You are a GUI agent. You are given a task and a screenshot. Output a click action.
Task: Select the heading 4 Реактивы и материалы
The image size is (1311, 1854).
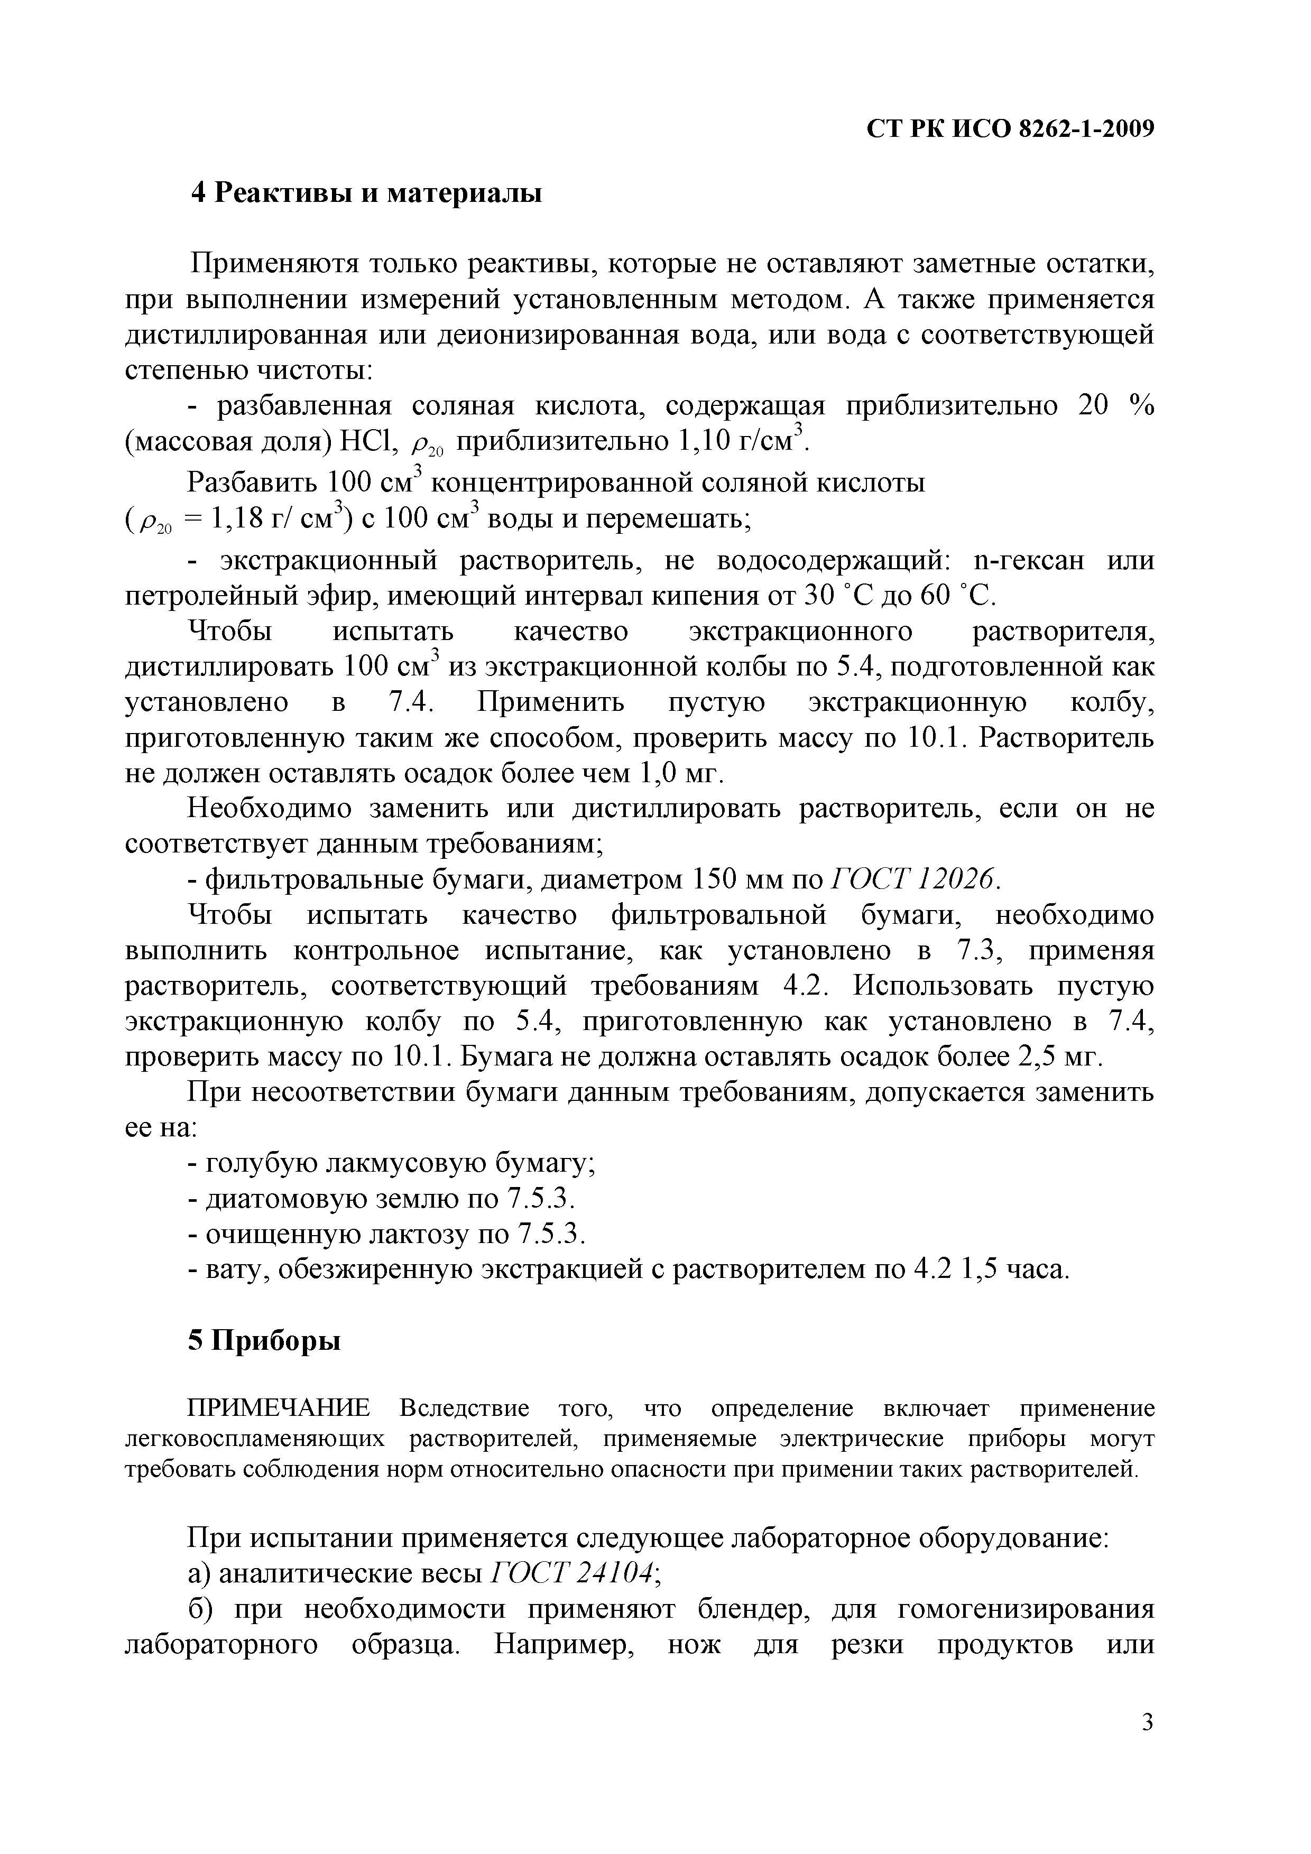[x=366, y=194]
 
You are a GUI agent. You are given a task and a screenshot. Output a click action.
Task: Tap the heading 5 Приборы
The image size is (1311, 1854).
[x=264, y=1341]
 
